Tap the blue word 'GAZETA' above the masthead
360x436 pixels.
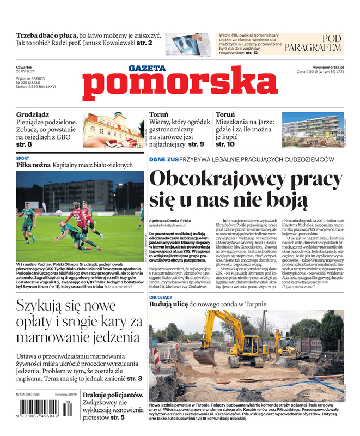pyautogui.click(x=147, y=69)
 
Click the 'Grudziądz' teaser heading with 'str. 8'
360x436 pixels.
pyautogui.click(x=33, y=115)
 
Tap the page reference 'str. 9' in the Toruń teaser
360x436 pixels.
pyautogui.click(x=194, y=144)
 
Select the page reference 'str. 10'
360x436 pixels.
pyautogui.click(x=225, y=144)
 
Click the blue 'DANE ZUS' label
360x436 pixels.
pyautogui.click(x=164, y=159)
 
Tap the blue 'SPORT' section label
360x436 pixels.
pyautogui.click(x=23, y=159)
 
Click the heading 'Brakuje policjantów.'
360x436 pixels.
pyautogui.click(x=113, y=395)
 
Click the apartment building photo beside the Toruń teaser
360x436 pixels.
pyautogui.click(x=313, y=129)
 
